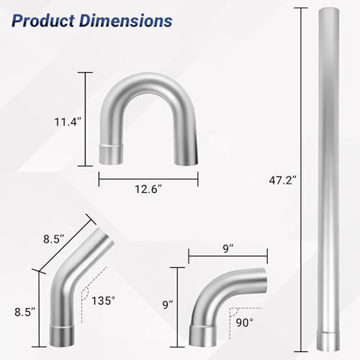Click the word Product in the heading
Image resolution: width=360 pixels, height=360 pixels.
pyautogui.click(x=43, y=21)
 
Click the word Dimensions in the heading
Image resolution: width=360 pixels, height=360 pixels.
pyautogui.click(x=126, y=21)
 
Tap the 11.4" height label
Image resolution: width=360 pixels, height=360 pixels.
pyautogui.click(x=68, y=122)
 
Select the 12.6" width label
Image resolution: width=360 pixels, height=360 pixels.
pyautogui.click(x=148, y=189)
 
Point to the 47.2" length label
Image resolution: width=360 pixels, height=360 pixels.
pyautogui.click(x=282, y=180)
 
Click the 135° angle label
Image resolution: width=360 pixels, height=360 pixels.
pyautogui.click(x=104, y=301)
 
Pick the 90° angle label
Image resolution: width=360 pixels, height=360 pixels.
pyautogui.click(x=245, y=323)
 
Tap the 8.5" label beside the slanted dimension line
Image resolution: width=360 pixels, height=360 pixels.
pyautogui.click(x=54, y=239)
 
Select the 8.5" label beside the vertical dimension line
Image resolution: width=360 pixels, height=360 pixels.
pyautogui.click(x=24, y=312)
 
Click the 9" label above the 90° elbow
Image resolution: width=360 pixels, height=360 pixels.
pyautogui.click(x=228, y=248)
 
